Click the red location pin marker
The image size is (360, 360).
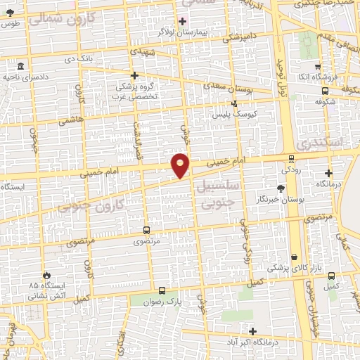pos(181,165)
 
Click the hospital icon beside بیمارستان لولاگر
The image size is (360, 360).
pos(183,20)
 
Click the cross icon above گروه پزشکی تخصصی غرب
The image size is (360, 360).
pos(134,75)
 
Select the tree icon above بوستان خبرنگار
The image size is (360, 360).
pos(281,188)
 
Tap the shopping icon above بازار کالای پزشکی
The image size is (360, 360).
pos(294,257)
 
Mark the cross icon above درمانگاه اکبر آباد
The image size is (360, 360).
pos(252,331)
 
